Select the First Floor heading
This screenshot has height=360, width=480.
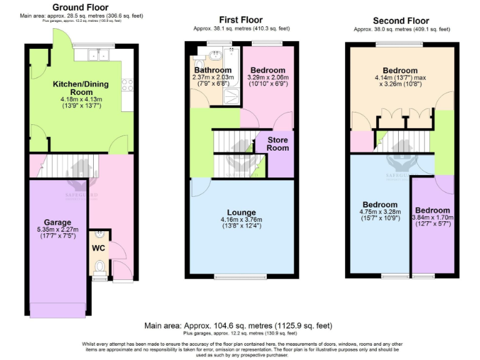(x=241, y=20)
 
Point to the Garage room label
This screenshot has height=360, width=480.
(x=57, y=222)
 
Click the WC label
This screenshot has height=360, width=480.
(x=99, y=248)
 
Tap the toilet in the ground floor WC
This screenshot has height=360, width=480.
(x=99, y=267)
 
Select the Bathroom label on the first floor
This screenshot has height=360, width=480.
(x=212, y=70)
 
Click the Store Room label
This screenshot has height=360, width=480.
(x=278, y=144)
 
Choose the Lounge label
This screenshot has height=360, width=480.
(x=241, y=212)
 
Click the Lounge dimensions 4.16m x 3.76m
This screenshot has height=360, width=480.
(x=241, y=220)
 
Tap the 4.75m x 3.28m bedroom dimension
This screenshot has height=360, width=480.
(x=380, y=213)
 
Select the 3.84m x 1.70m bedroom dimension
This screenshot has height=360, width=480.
(x=432, y=218)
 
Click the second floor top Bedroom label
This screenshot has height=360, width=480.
(x=400, y=70)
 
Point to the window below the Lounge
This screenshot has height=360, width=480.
(x=241, y=276)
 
